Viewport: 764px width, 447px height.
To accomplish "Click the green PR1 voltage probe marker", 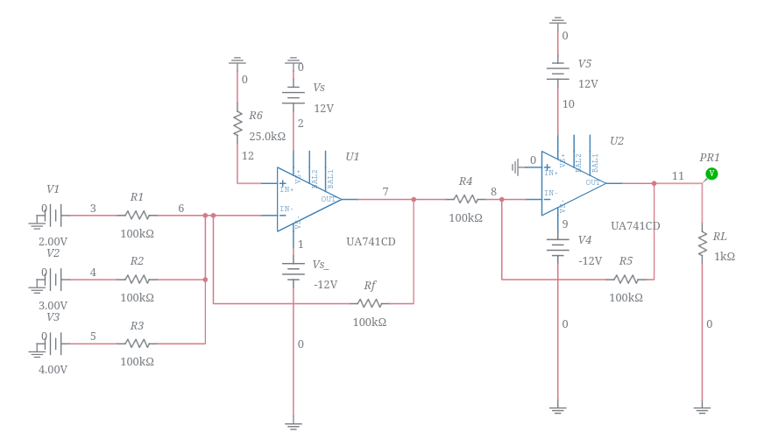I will pyautogui.click(x=711, y=174).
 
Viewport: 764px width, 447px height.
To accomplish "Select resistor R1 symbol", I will pyautogui.click(x=137, y=215).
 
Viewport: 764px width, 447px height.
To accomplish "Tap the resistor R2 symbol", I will pyautogui.click(x=137, y=280).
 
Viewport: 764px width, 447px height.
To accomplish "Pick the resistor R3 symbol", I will pyautogui.click(x=137, y=344).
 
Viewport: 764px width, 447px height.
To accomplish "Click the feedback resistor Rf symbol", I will pyautogui.click(x=369, y=303).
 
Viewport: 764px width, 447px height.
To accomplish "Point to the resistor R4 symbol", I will pyautogui.click(x=465, y=199).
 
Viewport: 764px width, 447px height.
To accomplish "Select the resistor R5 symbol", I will pyautogui.click(x=626, y=280).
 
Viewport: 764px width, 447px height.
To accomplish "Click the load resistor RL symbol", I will pyautogui.click(x=702, y=243).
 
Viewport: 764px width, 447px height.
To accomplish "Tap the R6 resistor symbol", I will pyautogui.click(x=237, y=123).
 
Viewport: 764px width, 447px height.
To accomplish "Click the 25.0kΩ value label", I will pyautogui.click(x=267, y=137).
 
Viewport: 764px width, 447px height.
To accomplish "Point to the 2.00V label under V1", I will pyautogui.click(x=53, y=242).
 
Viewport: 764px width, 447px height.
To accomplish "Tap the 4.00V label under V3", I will pyautogui.click(x=53, y=370).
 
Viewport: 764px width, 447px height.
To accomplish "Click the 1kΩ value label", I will pyautogui.click(x=725, y=257).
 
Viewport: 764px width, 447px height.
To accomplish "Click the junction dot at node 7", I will pyautogui.click(x=414, y=199).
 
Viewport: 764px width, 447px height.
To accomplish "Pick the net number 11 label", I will pyautogui.click(x=678, y=176).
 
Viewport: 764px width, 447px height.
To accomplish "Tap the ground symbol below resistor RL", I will pyautogui.click(x=702, y=408).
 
